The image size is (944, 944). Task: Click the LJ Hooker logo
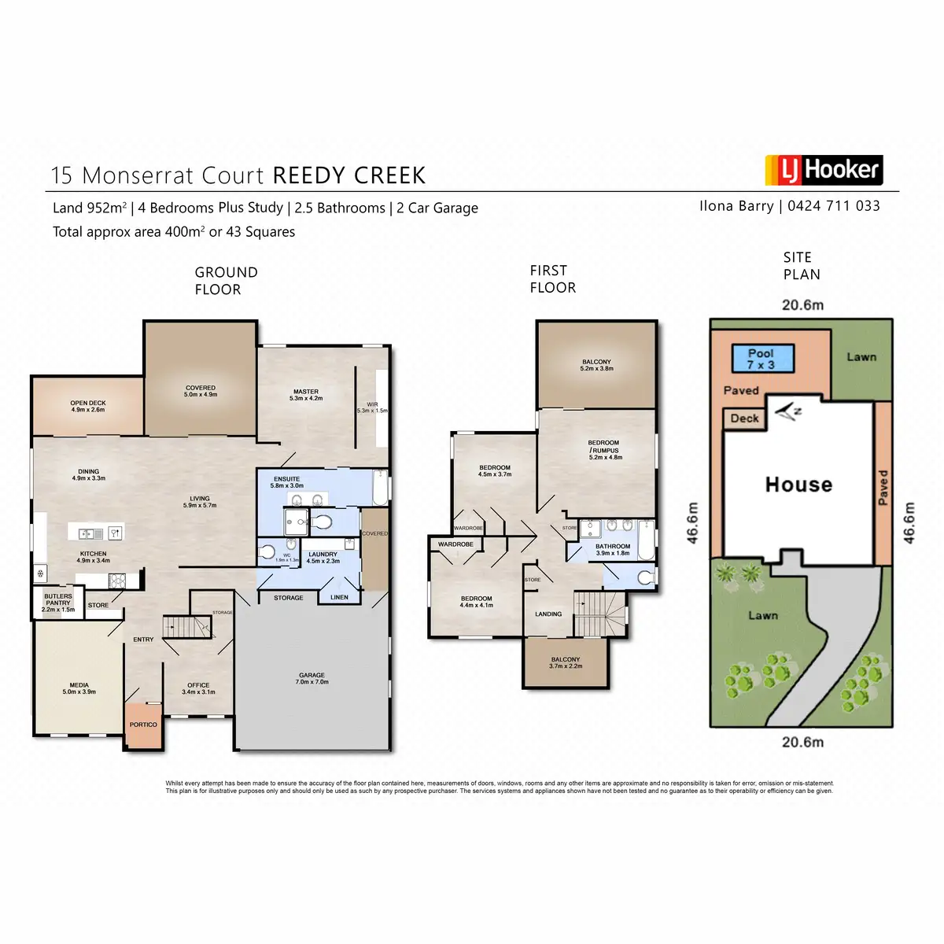tap(823, 170)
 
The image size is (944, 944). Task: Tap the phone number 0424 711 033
tap(834, 206)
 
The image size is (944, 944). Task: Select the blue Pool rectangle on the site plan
tap(761, 360)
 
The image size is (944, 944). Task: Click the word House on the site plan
tap(798, 485)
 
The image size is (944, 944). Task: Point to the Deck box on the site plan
tap(744, 419)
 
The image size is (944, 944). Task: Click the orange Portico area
tap(143, 725)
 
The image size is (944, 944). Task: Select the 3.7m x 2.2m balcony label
tap(566, 662)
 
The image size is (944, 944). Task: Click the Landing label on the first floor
tap(548, 614)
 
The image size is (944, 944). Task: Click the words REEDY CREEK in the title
tap(349, 175)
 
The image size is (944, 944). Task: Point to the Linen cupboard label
tap(339, 597)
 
